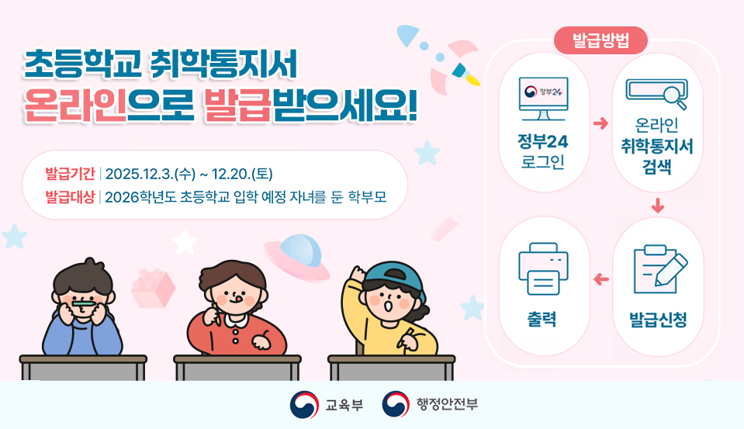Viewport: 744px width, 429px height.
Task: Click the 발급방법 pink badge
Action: coord(600,40)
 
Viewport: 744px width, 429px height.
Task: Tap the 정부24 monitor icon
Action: coord(543,99)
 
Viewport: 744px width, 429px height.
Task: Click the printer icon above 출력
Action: coord(543,265)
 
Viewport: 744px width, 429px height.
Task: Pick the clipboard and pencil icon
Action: coord(659,266)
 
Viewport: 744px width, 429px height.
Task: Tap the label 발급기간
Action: coord(70,172)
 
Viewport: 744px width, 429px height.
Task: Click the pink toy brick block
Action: coord(152,287)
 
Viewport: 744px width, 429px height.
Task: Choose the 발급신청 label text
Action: coord(658,320)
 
